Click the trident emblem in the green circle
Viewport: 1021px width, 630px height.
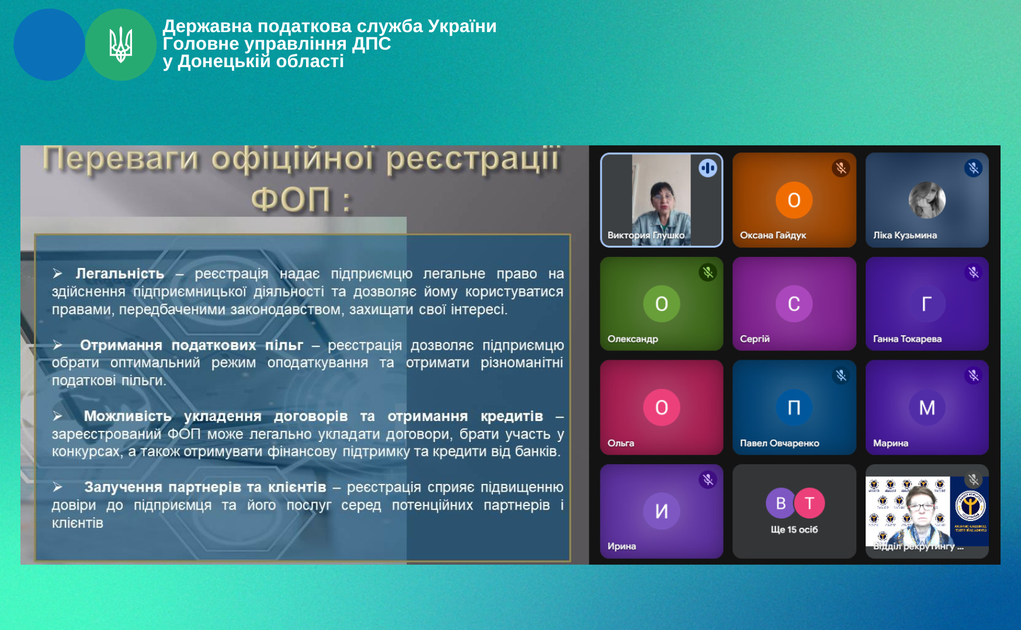121,44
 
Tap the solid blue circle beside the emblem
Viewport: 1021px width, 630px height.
49,44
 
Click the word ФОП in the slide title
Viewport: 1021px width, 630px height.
290,200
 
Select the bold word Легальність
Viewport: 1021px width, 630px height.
120,273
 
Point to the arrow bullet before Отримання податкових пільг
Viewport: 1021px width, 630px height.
58,345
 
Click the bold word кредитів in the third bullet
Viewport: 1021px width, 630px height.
512,416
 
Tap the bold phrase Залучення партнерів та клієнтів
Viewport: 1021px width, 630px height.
205,487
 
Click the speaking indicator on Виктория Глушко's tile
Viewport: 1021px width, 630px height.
707,168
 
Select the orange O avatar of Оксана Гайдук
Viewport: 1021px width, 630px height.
794,200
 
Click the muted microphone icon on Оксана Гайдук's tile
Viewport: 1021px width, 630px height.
841,168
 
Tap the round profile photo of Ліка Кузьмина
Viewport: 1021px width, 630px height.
927,200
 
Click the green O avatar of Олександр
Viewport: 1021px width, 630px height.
661,304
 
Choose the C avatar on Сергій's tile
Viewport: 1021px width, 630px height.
794,304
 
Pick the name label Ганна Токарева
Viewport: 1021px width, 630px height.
907,339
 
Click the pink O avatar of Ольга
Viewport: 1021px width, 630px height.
661,407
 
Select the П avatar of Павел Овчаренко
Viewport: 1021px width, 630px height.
794,407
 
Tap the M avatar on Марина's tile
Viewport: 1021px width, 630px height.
927,407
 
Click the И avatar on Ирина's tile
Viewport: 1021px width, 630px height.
661,511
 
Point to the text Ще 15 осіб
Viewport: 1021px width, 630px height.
794,530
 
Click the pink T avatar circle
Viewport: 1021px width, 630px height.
809,503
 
